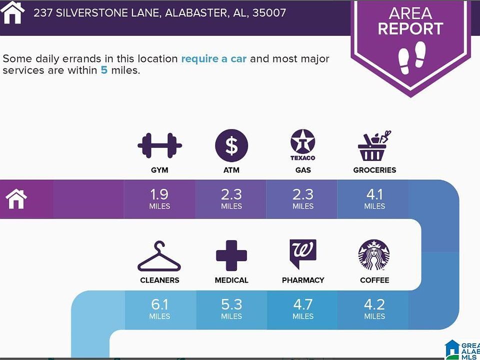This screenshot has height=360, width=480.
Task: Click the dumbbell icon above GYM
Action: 159,145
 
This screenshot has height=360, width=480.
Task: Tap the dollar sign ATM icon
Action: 231,145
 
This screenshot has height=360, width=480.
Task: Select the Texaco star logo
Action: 303,144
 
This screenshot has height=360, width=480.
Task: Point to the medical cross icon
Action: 231,255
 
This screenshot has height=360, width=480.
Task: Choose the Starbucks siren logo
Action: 374,255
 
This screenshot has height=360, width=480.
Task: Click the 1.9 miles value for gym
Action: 159,199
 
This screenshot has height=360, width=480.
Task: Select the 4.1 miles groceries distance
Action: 374,199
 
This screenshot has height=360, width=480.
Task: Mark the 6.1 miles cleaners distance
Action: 159,309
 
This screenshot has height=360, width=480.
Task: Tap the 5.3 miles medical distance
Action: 231,309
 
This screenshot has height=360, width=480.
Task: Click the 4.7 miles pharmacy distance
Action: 303,309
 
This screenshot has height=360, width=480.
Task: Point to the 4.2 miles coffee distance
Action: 374,309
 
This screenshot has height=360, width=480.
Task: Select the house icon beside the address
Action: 12,12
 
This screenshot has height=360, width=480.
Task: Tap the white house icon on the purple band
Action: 16,199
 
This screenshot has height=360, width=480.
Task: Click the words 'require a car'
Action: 213,59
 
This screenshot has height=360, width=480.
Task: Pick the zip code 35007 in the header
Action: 269,13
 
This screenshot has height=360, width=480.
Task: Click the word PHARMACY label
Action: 303,280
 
